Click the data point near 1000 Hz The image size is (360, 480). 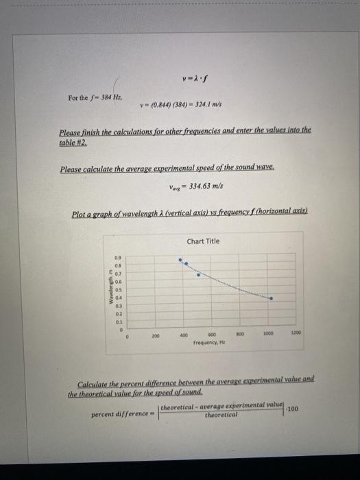(270, 299)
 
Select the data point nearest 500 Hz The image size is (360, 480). (199, 274)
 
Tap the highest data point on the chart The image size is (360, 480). (180, 261)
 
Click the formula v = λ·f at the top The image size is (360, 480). (193, 76)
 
